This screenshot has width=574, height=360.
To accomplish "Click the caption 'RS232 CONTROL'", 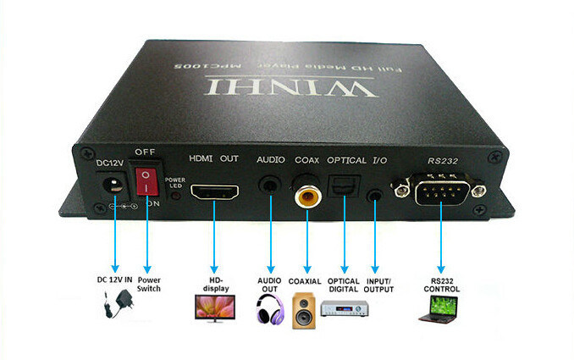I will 442,285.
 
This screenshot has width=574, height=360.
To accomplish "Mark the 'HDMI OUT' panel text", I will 212,159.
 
